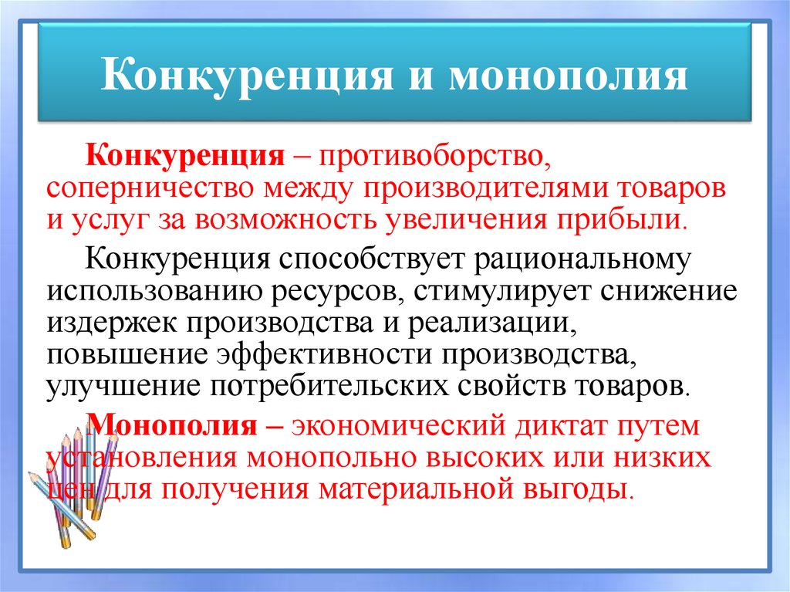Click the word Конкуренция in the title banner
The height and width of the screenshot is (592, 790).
tap(247, 75)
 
